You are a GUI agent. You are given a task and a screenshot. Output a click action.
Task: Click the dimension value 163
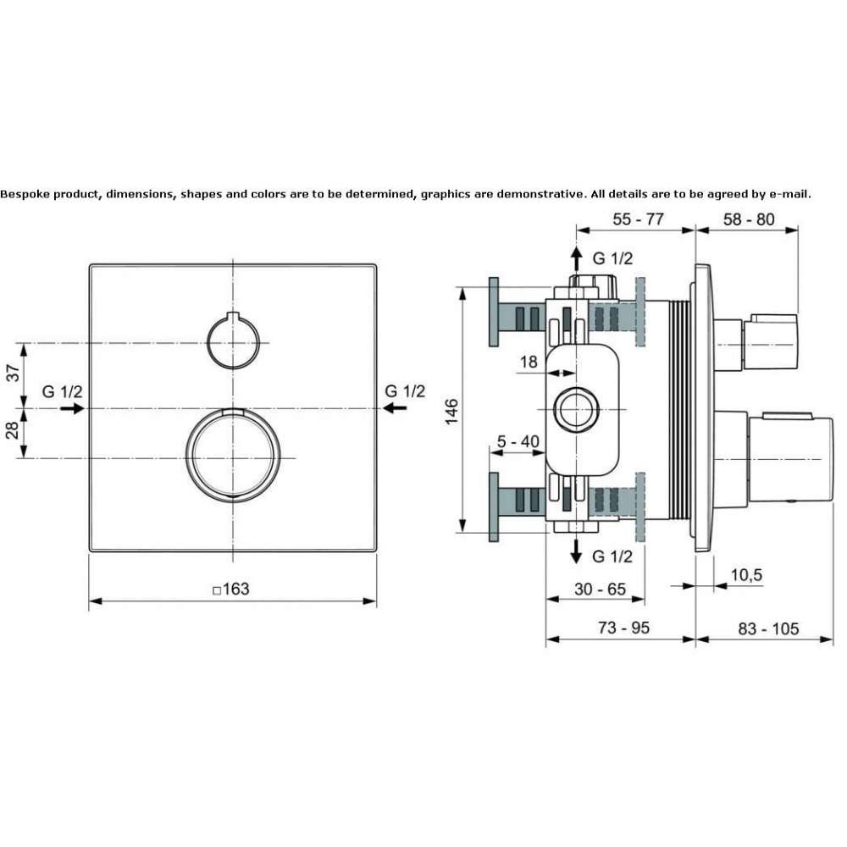236,589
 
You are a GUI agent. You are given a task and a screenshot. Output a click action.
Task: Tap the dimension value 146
451,411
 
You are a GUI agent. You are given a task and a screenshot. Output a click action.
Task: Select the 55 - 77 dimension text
638,219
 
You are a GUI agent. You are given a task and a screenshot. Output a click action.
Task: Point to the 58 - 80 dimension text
749,219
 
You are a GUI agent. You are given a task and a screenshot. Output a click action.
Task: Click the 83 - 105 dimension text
768,628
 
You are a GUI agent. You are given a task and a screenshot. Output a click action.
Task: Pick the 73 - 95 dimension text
624,628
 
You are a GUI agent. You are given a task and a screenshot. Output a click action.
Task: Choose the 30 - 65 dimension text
601,589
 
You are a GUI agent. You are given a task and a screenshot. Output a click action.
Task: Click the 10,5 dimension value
746,575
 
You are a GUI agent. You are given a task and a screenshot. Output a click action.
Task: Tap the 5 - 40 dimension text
518,442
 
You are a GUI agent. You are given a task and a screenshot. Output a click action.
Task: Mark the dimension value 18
529,362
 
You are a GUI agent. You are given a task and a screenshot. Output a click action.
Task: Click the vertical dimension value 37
13,373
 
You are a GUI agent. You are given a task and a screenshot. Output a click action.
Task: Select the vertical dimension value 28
13,430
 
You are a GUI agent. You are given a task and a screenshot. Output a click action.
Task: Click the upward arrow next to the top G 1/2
576,258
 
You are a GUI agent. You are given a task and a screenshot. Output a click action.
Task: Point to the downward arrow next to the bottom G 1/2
576,551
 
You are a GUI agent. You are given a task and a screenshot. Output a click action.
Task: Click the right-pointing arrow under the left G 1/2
72,408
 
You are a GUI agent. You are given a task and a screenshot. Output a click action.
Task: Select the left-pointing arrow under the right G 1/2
395,408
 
